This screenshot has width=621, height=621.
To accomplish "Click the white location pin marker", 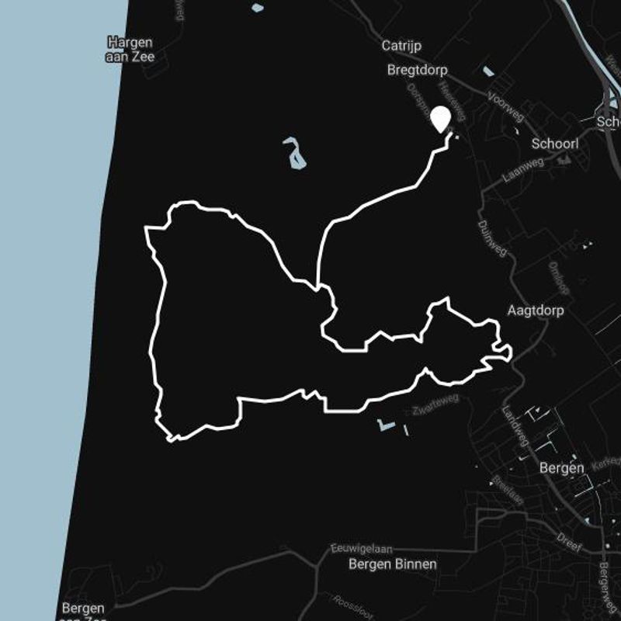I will pyautogui.click(x=440, y=119).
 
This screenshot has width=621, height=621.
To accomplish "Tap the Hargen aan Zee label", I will pyautogui.click(x=130, y=49).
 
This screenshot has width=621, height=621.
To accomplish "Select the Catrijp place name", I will pyautogui.click(x=401, y=46).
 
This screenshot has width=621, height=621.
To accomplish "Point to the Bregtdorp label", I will pyautogui.click(x=417, y=70).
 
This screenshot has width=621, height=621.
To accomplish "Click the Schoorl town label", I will pyautogui.click(x=555, y=144).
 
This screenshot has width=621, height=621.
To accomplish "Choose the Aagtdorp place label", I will pyautogui.click(x=535, y=310).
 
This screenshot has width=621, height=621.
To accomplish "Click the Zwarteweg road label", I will pyautogui.click(x=436, y=403).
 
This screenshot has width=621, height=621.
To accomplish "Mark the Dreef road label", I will pyautogui.click(x=569, y=542).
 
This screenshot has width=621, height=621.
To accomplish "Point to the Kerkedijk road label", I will pyautogui.click(x=610, y=463).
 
